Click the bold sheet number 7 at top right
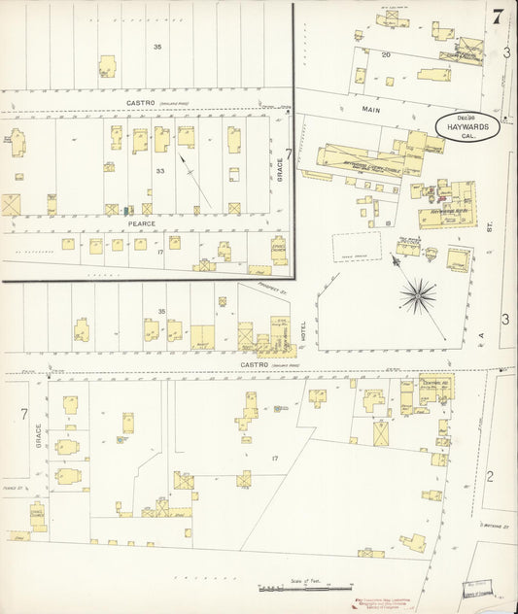click(x=498, y=16)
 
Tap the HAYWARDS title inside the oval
click(x=467, y=125)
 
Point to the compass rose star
click(x=420, y=291)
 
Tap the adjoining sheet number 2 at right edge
click(x=490, y=475)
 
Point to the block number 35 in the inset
click(x=157, y=46)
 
